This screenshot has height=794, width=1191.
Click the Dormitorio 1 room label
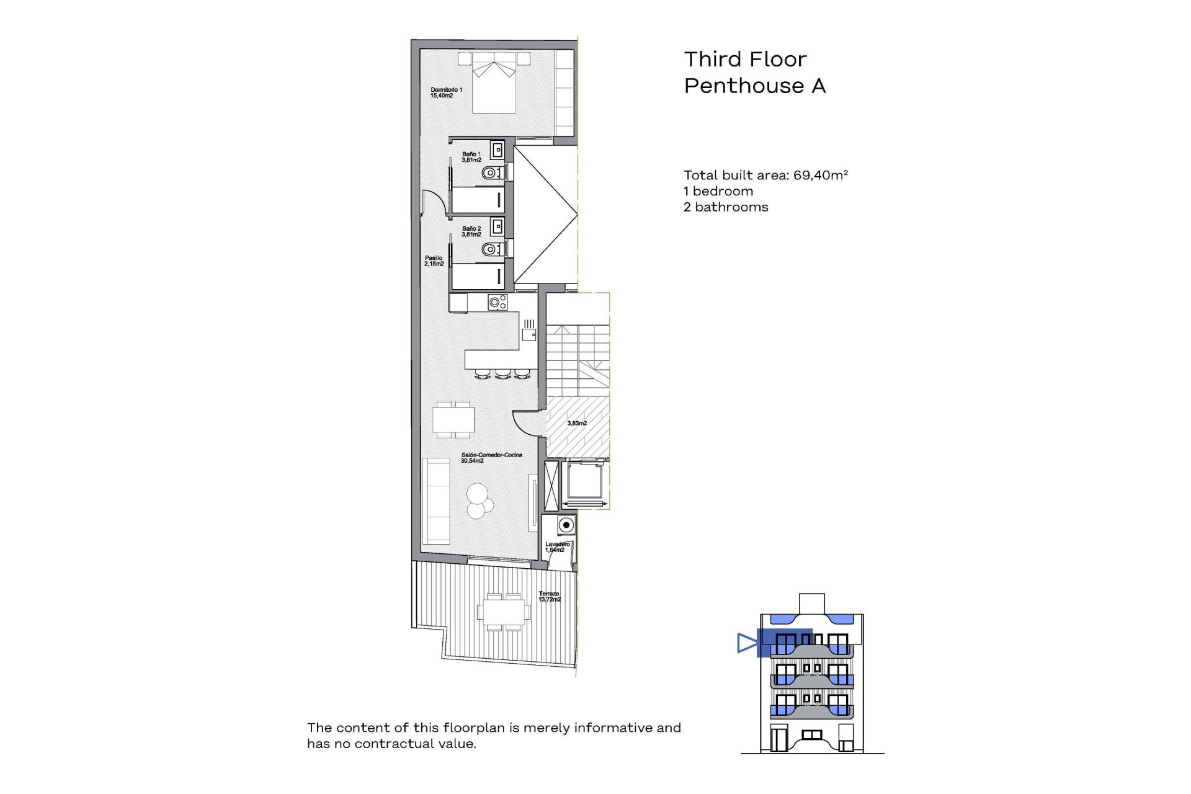pos(446,92)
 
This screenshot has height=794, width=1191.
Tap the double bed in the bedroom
pos(494,84)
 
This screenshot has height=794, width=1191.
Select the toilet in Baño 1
pos(492,172)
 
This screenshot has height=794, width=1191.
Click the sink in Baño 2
pos(497,226)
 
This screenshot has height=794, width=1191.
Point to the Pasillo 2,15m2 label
pos(434,261)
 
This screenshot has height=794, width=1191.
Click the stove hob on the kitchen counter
pos(497,303)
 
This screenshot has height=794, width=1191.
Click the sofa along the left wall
pos(436,501)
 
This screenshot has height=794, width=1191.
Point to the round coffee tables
pos(478,501)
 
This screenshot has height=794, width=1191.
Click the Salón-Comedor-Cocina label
pos(491,458)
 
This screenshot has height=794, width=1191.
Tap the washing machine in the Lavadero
pos(565,525)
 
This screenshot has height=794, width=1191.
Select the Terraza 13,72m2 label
pos(549,597)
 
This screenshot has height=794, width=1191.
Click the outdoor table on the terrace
pos(504,612)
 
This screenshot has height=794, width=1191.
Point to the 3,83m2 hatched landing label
pos(577,423)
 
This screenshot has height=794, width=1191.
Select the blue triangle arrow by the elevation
pos(747,643)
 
